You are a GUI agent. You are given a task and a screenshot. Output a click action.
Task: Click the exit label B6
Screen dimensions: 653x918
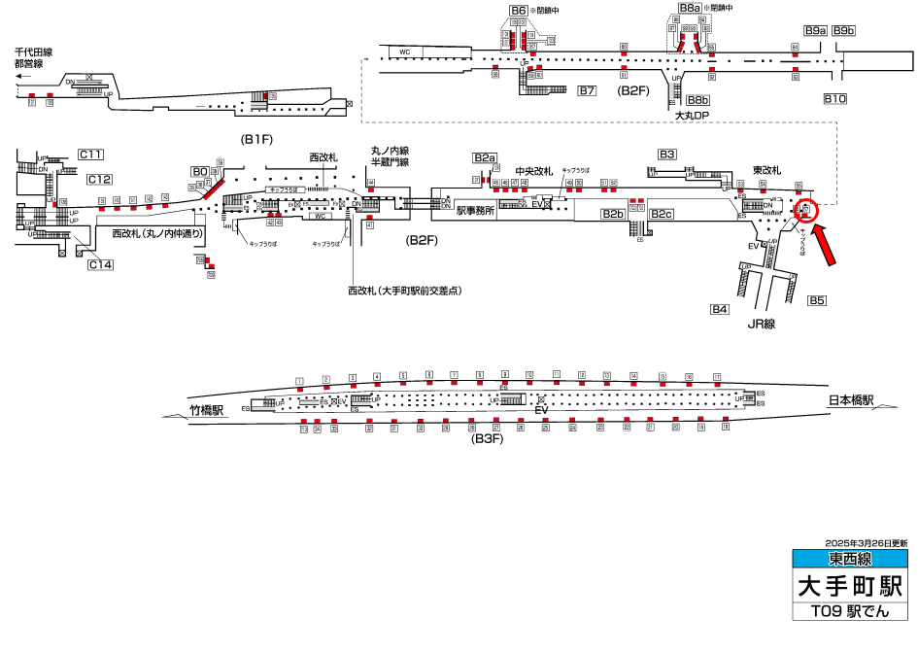(518, 11)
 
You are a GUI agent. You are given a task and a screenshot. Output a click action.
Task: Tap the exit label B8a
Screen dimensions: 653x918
(690, 8)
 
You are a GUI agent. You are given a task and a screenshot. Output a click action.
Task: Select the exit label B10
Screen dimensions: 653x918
(835, 98)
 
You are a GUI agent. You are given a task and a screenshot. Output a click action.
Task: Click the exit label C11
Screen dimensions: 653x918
(91, 155)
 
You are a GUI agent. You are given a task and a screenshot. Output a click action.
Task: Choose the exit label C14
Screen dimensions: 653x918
(100, 264)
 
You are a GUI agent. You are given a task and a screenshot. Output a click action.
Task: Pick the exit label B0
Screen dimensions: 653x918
(200, 171)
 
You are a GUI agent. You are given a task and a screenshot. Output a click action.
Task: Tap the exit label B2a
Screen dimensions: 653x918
(485, 158)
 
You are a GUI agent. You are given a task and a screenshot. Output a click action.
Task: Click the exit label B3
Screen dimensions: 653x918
(666, 155)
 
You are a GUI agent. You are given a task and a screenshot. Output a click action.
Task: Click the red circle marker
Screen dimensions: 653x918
(808, 210)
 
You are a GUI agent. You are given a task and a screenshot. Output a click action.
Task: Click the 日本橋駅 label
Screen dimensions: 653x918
(851, 400)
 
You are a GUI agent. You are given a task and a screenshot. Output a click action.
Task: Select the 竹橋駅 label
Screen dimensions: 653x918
(207, 410)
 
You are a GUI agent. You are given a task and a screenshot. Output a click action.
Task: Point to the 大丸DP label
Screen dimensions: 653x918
(694, 115)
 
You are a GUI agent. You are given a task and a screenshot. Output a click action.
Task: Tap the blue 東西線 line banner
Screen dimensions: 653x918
(850, 559)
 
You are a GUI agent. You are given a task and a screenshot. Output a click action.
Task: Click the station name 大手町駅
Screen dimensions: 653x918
(850, 586)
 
